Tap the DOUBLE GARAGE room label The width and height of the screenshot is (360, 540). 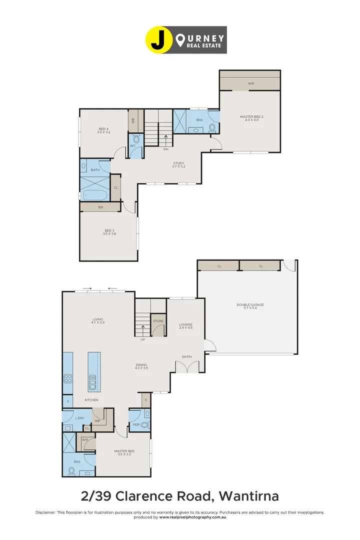pyautogui.click(x=250, y=306)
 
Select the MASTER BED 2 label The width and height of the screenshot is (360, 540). pyautogui.click(x=251, y=118)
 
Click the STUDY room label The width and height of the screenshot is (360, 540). pyautogui.click(x=179, y=164)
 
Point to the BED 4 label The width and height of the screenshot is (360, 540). pyautogui.click(x=103, y=131)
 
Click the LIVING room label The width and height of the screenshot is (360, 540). pyautogui.click(x=97, y=321)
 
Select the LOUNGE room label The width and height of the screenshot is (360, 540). pyautogui.click(x=185, y=326)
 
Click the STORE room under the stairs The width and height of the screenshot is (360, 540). pyautogui.click(x=158, y=321)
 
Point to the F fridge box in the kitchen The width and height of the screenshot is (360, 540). pyautogui.click(x=67, y=401)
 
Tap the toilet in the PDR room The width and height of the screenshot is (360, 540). pyautogui.click(x=145, y=425)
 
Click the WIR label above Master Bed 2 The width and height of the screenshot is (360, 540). pyautogui.click(x=250, y=83)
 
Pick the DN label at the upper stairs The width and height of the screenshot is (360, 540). pyautogui.click(x=165, y=149)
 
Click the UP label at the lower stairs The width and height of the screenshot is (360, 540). pyautogui.click(x=142, y=339)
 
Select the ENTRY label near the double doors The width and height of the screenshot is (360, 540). pyautogui.click(x=187, y=356)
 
